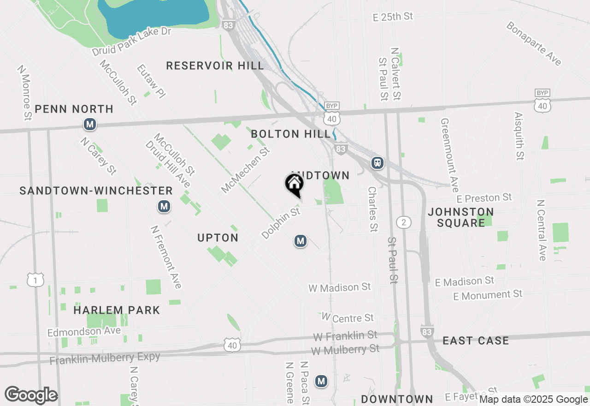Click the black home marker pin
[x=295, y=185]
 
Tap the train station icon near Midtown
[x=378, y=162]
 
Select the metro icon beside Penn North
[x=90, y=124]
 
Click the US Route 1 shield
[x=35, y=279]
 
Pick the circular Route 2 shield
[x=404, y=222]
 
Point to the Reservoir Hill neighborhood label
[x=215, y=66]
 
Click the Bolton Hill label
[x=290, y=134]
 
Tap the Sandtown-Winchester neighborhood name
[x=96, y=191]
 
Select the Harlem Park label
[x=117, y=310]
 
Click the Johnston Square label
[x=461, y=217]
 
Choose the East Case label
[x=476, y=340]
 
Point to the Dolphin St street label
[x=281, y=223]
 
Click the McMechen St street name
[x=245, y=170]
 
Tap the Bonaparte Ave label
[x=534, y=43]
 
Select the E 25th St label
[x=393, y=17]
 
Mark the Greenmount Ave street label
[x=450, y=155]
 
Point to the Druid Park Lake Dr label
[x=131, y=42]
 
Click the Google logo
[x=31, y=395]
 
